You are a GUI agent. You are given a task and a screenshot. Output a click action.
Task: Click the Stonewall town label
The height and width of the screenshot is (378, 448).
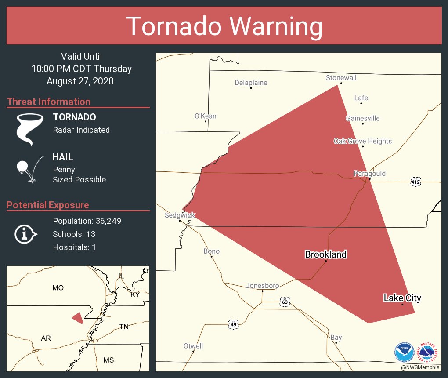(341, 78)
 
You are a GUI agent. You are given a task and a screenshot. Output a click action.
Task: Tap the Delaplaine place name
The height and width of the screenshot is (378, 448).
(251, 83)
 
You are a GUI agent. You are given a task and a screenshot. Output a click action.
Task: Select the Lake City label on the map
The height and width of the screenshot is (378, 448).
(402, 298)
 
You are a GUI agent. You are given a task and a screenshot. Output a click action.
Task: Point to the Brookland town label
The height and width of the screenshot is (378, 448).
(325, 254)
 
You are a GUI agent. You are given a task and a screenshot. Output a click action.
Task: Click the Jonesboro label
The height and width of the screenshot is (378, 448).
(262, 286)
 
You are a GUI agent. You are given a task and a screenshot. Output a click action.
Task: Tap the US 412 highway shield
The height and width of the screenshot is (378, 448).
(415, 182)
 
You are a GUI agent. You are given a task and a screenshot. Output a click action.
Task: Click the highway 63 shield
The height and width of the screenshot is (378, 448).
(285, 302)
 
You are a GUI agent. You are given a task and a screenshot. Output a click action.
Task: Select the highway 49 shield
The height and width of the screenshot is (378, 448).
(234, 324)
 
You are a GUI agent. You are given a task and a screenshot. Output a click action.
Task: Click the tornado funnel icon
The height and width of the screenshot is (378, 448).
(29, 129)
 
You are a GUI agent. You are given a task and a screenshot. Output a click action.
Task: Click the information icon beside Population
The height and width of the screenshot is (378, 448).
(25, 234)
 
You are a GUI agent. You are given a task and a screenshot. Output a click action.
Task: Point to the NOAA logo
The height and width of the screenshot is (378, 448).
(404, 352)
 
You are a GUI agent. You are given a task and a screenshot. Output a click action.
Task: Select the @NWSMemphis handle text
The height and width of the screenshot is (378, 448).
(420, 367)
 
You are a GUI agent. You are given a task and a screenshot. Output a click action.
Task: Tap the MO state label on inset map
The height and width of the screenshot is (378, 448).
(58, 288)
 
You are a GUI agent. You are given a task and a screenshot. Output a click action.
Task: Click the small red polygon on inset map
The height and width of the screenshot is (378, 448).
(78, 318)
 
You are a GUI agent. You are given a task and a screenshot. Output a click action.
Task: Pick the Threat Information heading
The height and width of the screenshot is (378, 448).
(49, 102)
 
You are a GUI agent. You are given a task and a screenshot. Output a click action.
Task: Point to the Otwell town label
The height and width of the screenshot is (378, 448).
(193, 346)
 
